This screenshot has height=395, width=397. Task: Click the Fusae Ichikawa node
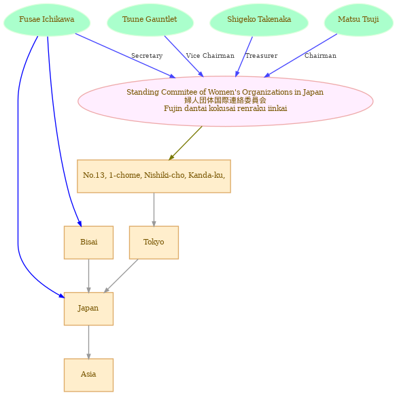(47, 20)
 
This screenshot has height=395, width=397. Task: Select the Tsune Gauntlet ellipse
(150, 20)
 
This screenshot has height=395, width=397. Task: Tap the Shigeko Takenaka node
(259, 20)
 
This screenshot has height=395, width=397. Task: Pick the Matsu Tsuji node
(358, 20)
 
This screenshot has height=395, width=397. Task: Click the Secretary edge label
(147, 56)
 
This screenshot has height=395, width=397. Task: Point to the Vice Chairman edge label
(210, 56)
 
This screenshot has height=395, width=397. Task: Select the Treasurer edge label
(262, 56)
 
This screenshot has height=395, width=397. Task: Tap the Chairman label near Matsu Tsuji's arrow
(320, 56)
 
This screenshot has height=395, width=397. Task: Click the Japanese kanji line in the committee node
(225, 100)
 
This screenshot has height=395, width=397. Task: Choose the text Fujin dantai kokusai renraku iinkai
(225, 108)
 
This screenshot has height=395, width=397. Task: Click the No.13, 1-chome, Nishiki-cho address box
(154, 176)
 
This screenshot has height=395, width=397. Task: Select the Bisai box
(88, 242)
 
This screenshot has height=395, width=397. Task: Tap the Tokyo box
(154, 242)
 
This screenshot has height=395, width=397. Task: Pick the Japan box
(88, 309)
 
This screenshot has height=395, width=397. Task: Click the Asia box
(88, 375)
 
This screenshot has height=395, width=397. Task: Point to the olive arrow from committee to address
(186, 143)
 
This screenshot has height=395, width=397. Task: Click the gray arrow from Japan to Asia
(88, 342)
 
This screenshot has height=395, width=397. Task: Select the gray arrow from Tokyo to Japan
(121, 276)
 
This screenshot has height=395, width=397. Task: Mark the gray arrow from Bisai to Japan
(88, 276)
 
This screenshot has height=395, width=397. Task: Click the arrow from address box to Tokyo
(154, 210)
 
